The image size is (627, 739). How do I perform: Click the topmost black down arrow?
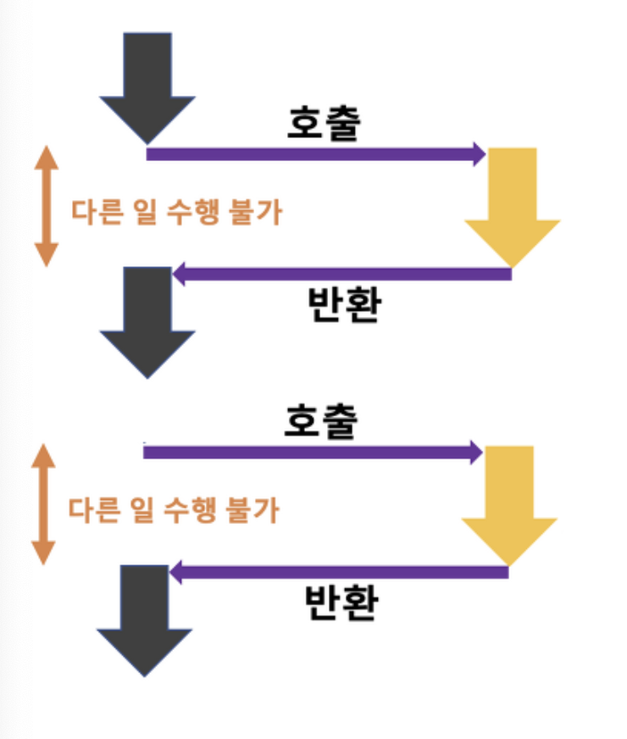(147, 85)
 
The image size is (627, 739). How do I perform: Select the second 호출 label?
(319, 421)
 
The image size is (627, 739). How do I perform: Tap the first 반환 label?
(342, 305)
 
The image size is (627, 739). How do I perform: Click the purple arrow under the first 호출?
(313, 153)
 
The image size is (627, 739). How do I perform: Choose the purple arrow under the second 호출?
(310, 452)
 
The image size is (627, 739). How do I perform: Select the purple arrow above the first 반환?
(339, 274)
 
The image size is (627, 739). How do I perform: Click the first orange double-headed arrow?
(47, 206)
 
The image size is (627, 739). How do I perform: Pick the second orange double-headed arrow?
(43, 503)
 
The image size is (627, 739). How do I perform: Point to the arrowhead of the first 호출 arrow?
(479, 153)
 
